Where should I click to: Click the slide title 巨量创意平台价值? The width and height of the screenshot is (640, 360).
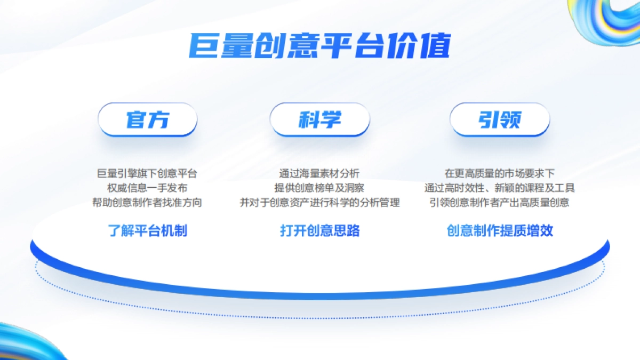coord(320,46)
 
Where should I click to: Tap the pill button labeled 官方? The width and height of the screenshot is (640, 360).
coord(148,119)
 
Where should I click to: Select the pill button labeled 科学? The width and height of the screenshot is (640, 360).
coord(320,119)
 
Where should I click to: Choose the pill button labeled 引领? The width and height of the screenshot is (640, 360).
coord(500,119)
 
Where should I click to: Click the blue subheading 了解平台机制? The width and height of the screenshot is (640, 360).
coord(148,230)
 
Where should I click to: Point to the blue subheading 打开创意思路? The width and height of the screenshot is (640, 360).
coord(320,230)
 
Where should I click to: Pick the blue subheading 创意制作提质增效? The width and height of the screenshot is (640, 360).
coord(500,230)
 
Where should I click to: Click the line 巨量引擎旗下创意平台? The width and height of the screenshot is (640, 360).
coord(147,173)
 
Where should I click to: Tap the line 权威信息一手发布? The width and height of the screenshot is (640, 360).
coord(147,188)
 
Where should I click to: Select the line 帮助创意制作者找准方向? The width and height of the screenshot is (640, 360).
coord(147,203)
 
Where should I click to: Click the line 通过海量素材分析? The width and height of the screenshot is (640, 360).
coord(319,173)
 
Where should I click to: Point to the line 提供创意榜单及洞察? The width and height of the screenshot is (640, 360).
coord(319,188)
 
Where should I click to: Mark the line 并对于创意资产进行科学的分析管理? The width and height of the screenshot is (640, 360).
coord(319,203)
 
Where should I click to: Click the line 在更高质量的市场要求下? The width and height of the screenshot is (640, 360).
coord(500,173)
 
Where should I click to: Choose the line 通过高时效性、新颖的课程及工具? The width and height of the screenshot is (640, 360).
coord(500,188)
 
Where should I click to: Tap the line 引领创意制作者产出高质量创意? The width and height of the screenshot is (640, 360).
coord(500,203)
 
